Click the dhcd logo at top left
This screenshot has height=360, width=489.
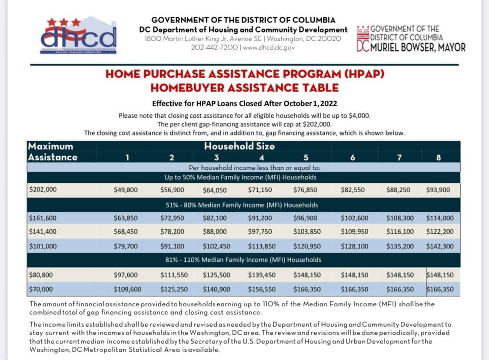click(x=79, y=36)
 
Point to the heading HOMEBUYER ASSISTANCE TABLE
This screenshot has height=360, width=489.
click(x=244, y=88)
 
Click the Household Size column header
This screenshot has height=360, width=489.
click(x=240, y=146)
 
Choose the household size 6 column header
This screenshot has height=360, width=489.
click(x=352, y=158)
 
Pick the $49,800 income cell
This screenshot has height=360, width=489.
click(x=126, y=190)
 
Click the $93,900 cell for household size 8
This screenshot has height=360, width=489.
click(x=438, y=190)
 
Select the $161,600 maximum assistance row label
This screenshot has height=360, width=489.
click(x=43, y=218)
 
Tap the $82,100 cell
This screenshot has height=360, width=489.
click(x=215, y=218)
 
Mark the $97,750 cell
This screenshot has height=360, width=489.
click(x=260, y=232)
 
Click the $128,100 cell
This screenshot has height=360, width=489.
click(x=354, y=246)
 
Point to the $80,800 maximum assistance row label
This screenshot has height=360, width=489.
click(x=40, y=274)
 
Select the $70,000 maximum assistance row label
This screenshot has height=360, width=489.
click(x=40, y=289)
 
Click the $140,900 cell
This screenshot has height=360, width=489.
click(x=216, y=289)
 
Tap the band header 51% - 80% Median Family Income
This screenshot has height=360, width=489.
click(x=242, y=205)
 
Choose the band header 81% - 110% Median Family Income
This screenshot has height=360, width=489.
click(x=243, y=260)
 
